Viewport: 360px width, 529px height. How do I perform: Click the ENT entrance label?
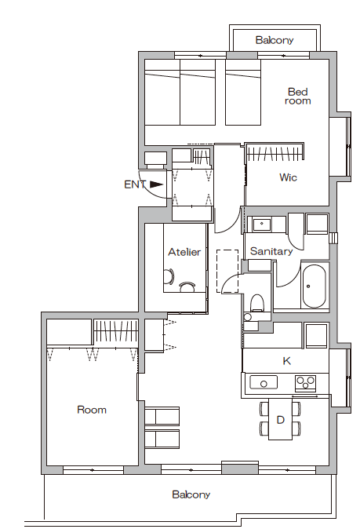(x=135, y=184)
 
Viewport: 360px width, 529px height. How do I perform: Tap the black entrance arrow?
(x=156, y=184)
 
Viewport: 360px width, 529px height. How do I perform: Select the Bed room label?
(x=297, y=97)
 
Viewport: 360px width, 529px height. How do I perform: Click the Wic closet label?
(x=288, y=177)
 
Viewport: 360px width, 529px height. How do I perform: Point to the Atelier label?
(x=184, y=252)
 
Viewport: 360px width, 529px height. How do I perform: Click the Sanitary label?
(x=271, y=251)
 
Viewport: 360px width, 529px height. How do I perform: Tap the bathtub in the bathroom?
(x=314, y=286)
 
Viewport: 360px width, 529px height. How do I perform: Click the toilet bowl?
(x=257, y=301)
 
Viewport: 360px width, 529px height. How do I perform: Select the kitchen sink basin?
(x=264, y=382)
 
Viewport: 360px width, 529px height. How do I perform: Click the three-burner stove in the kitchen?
(x=305, y=383)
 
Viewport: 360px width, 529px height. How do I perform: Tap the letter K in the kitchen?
(x=286, y=361)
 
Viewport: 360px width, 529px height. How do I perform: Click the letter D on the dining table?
(x=281, y=420)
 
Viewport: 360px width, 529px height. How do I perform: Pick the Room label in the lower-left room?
(x=92, y=410)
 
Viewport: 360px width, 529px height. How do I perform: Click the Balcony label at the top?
(x=275, y=40)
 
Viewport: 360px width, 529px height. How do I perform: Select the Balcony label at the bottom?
(x=191, y=494)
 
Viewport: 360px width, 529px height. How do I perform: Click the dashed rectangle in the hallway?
(x=227, y=271)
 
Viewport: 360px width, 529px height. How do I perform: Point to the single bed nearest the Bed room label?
(x=243, y=93)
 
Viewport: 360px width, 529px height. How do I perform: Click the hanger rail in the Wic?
(x=274, y=154)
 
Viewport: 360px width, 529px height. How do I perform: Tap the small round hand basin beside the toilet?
(x=248, y=317)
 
